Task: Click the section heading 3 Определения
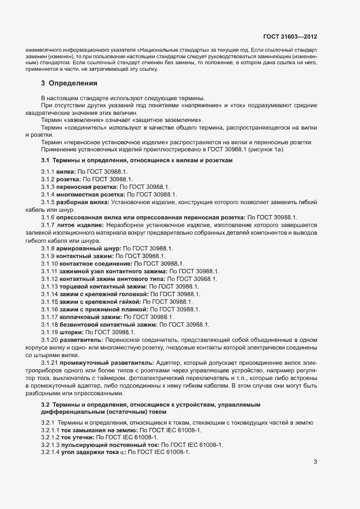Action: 69,83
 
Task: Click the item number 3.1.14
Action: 49,293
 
